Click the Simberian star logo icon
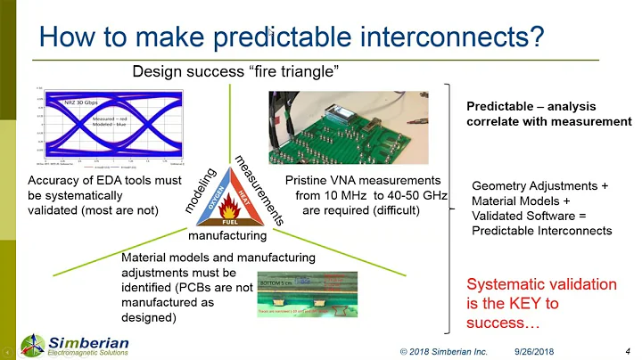tap(32, 345)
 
